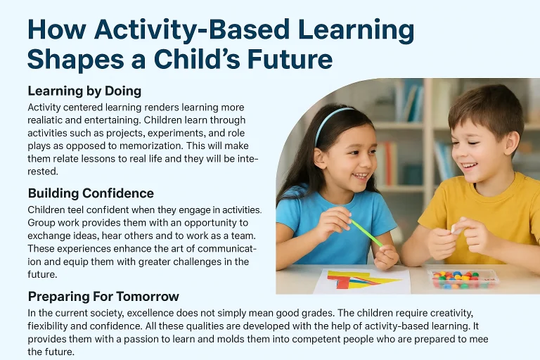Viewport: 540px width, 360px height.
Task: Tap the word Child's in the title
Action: point(220,59)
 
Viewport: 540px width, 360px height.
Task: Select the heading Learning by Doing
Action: point(84,91)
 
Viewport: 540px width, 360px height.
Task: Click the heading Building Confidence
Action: point(91,193)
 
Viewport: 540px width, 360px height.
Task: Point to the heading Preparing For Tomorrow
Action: point(103,296)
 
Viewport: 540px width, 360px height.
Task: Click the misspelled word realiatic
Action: point(52,120)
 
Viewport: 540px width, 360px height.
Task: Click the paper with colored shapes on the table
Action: point(361,281)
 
